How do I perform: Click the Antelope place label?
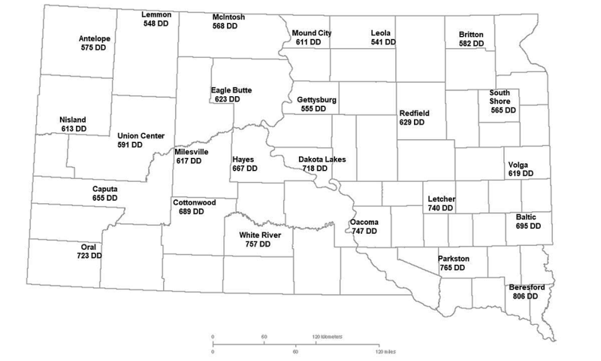pyautogui.click(x=94, y=38)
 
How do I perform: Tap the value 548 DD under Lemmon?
pyautogui.click(x=157, y=23)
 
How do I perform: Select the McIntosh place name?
pyautogui.click(x=229, y=16)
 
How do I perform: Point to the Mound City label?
pyautogui.click(x=312, y=33)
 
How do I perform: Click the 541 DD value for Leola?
pyautogui.click(x=383, y=43)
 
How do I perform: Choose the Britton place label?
pyautogui.click(x=471, y=35)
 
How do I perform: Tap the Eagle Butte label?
pyautogui.click(x=231, y=90)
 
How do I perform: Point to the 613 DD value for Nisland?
pyautogui.click(x=74, y=129)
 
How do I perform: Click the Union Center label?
pyautogui.click(x=137, y=136)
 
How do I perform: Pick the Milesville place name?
pyautogui.click(x=192, y=151)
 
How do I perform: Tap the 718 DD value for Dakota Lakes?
pyautogui.click(x=319, y=169)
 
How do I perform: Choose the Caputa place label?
pyautogui.click(x=104, y=189)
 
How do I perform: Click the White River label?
pyautogui.click(x=260, y=235)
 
